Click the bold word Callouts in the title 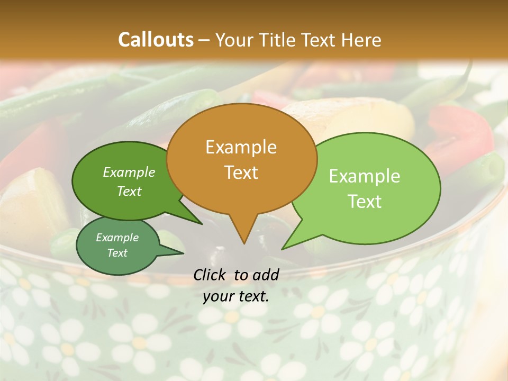point(156,40)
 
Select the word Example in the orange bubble point(241,147)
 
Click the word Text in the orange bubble point(241,172)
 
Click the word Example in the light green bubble point(365,176)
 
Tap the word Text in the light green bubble point(365,202)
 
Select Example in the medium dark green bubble point(129,172)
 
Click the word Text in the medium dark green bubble point(129,191)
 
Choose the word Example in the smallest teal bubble point(117,238)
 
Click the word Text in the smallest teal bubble point(117,253)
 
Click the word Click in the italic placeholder point(211,275)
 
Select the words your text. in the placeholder point(235,296)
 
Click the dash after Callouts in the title point(204,40)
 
